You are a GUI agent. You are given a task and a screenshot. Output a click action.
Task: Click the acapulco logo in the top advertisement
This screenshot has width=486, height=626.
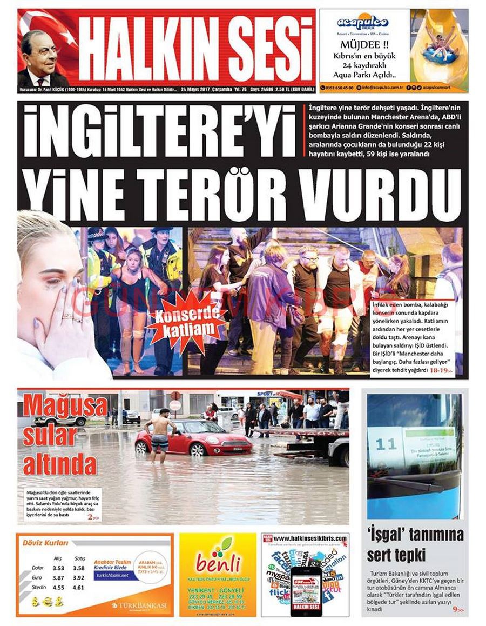(x=363, y=23)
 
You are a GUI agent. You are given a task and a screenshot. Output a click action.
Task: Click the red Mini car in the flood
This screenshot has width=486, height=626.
(x=193, y=438)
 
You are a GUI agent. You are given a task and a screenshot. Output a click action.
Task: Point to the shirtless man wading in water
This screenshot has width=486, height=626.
(x=160, y=436)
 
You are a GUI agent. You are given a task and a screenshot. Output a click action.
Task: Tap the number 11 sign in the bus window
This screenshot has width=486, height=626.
(x=386, y=444)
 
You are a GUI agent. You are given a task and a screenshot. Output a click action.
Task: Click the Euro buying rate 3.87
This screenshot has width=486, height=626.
(x=58, y=578)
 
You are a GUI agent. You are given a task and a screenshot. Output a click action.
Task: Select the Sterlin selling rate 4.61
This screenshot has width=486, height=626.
(x=79, y=588)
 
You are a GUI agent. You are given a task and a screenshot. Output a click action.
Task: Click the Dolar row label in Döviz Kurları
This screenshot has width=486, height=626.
(x=38, y=568)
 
